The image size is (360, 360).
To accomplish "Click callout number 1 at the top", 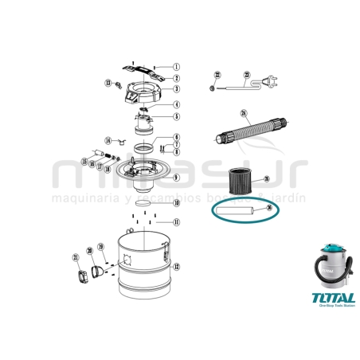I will pos(176,67).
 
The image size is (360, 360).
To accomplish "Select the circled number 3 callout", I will pos(176,90).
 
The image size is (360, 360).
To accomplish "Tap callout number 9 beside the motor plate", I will pos(176,177).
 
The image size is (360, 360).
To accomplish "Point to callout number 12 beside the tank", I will pos(176,265).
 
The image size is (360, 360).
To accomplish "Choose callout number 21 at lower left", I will pos(76,258).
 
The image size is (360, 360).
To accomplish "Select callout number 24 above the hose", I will pos(244,112).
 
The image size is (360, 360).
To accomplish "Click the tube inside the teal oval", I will pos(235,212).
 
